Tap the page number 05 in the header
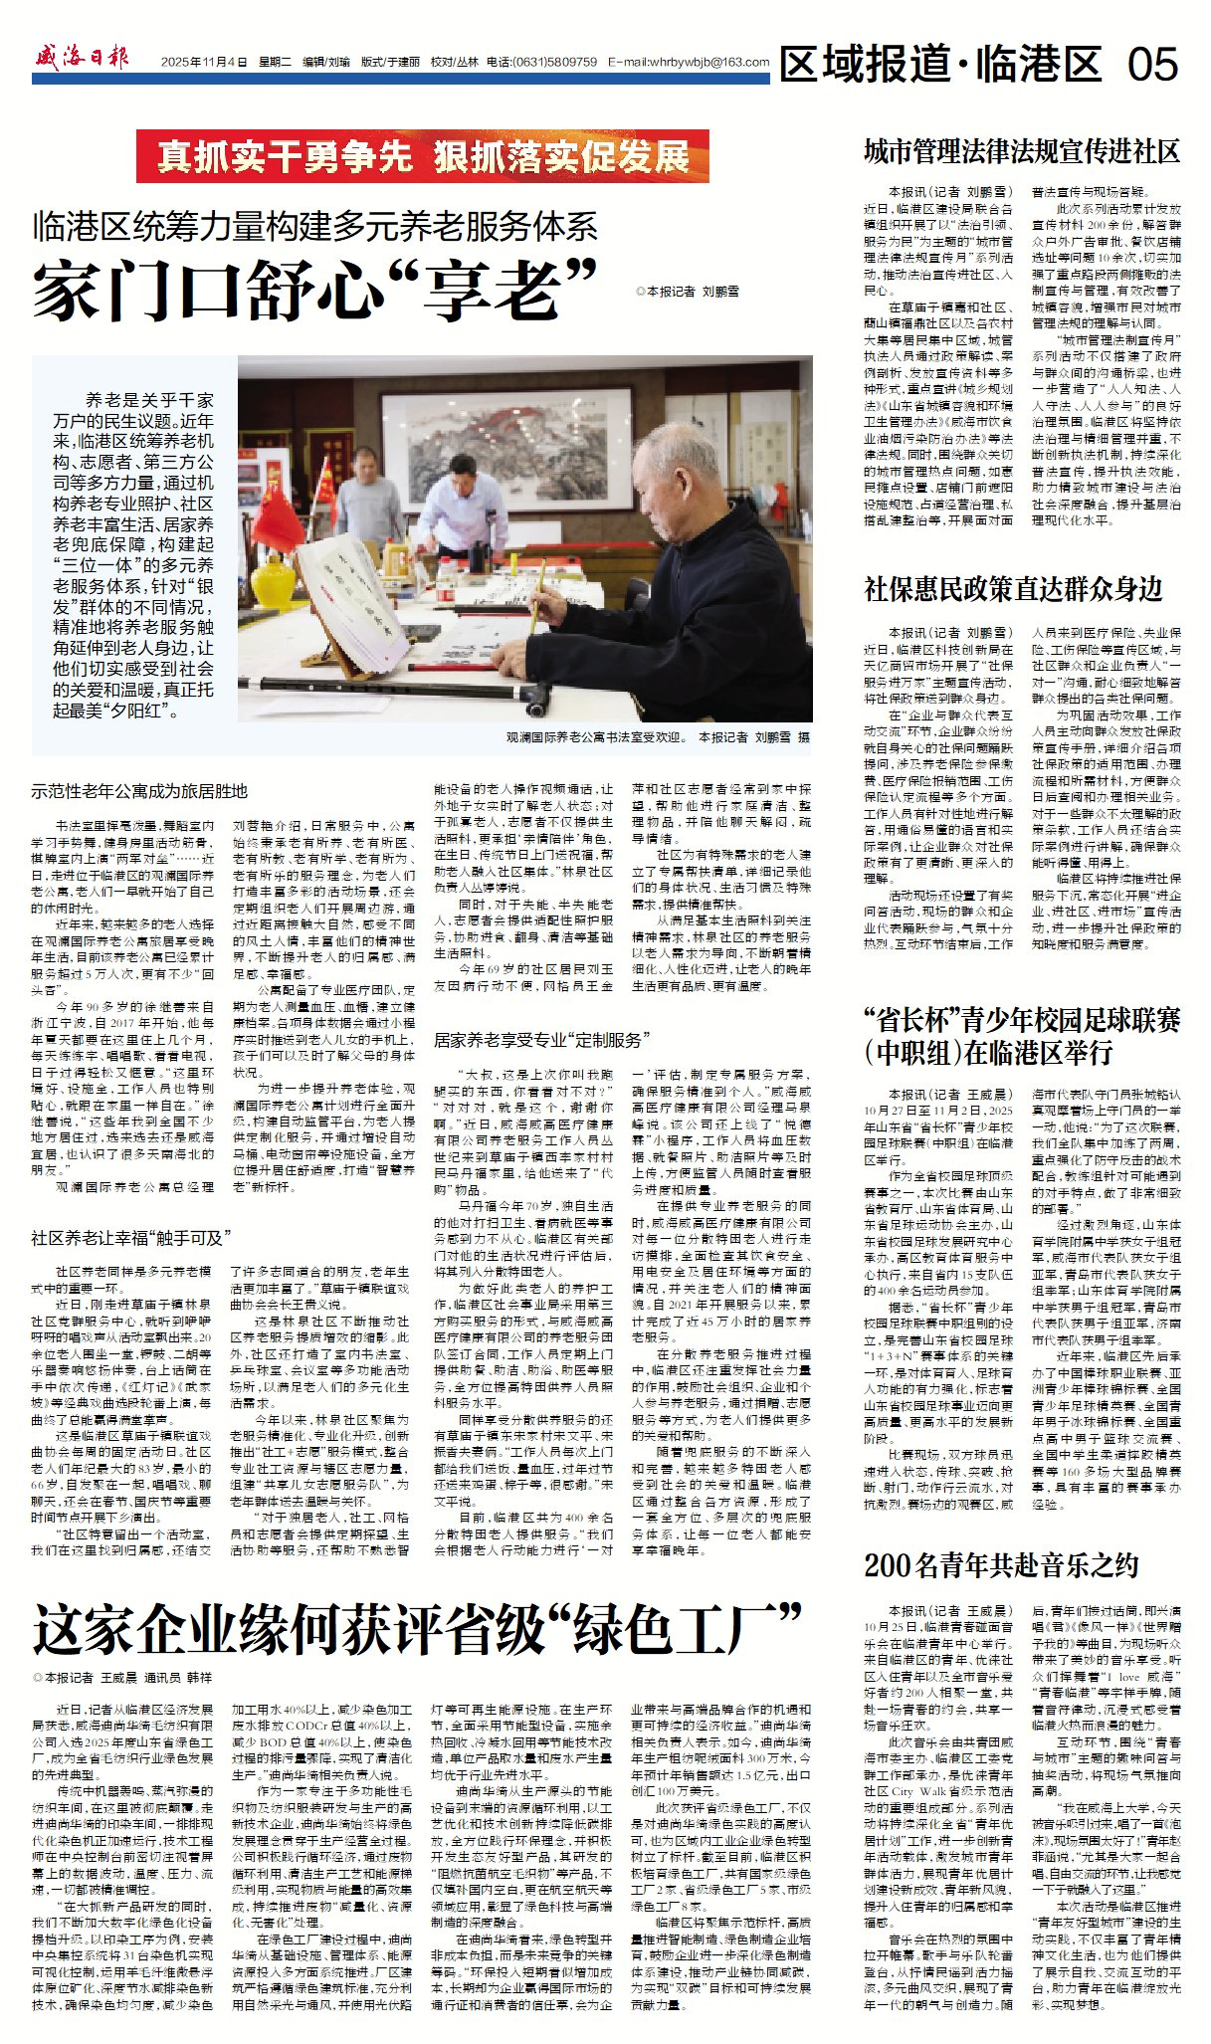1152,65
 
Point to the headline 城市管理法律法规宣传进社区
1022,151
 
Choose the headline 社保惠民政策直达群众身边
1013,589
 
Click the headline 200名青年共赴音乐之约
1001,1565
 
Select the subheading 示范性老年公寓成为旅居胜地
139,791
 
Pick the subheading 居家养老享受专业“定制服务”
541,1040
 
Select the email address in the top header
689,62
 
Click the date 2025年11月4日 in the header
204,62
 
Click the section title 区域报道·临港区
941,65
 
